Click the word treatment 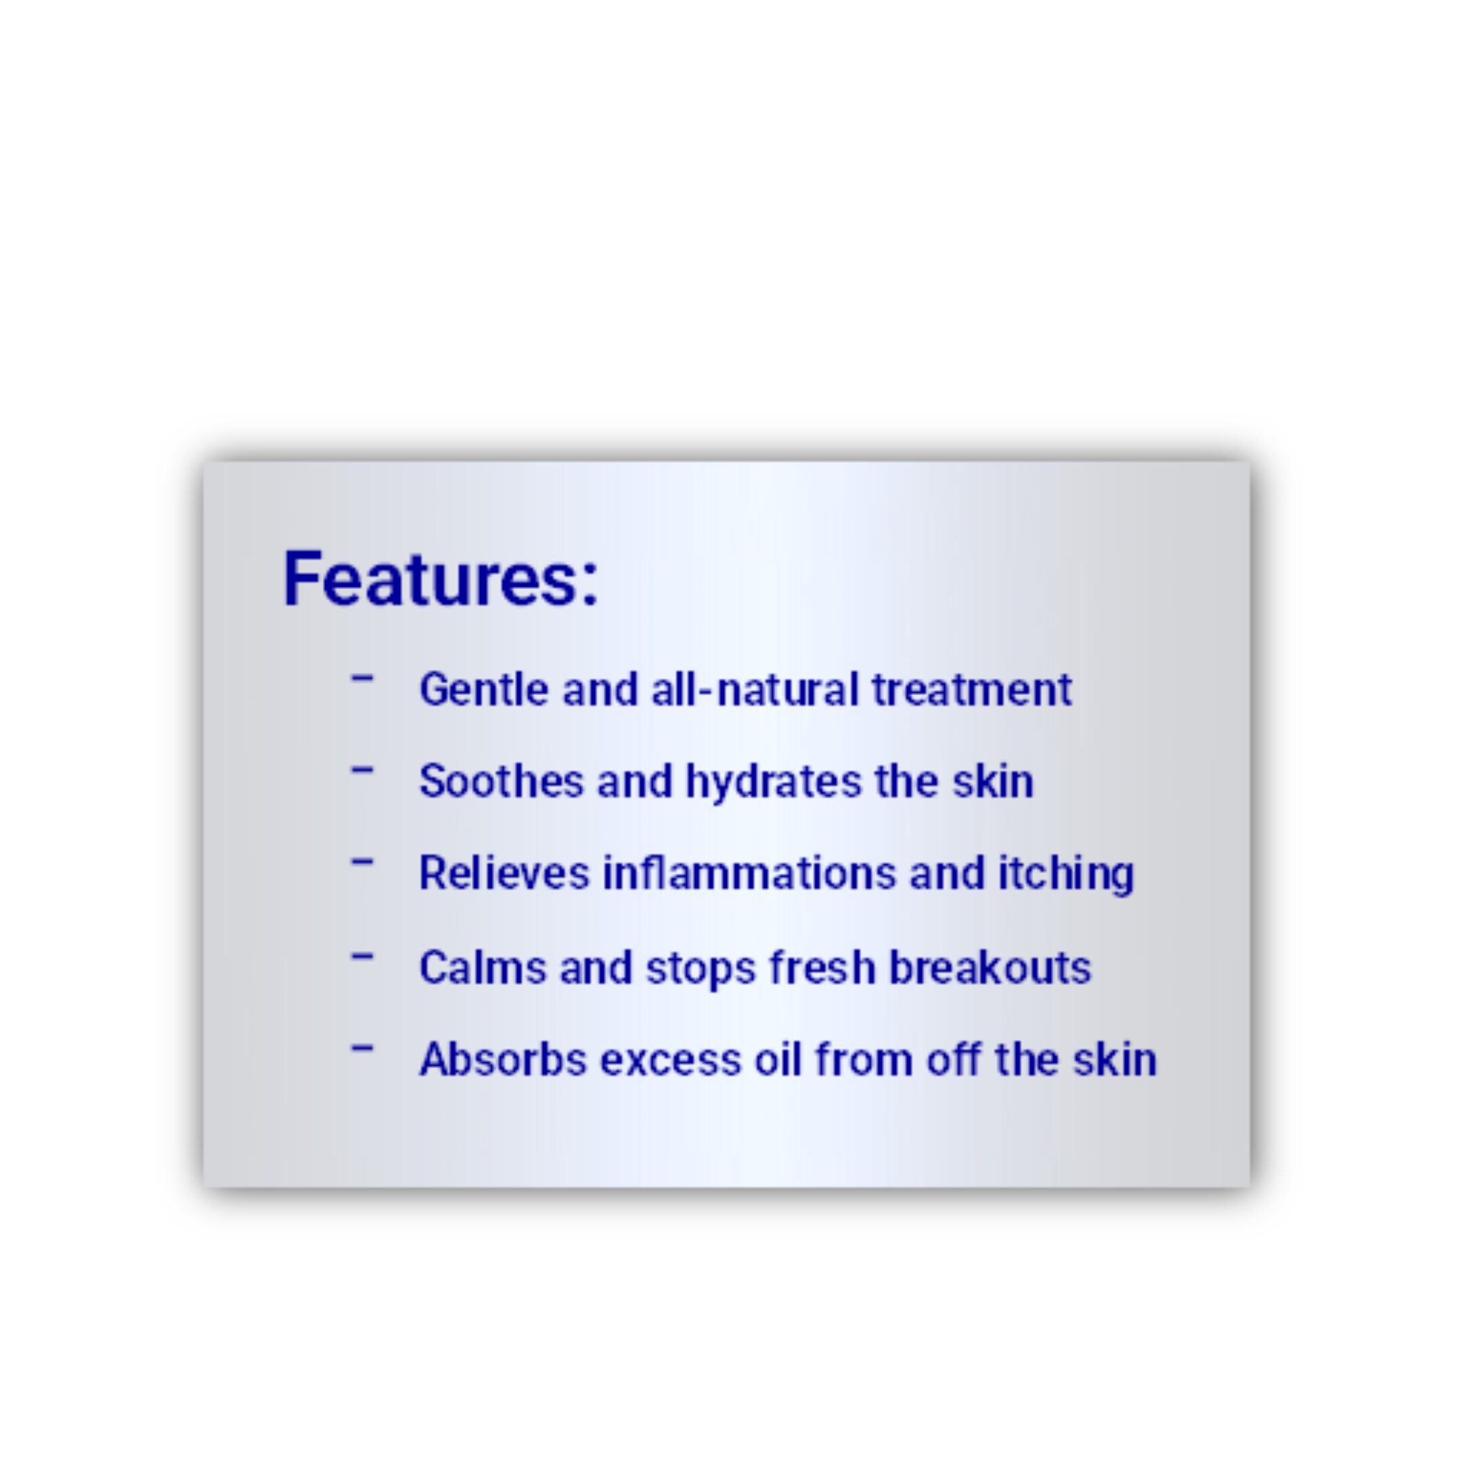pos(973,690)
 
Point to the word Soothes pos(502,781)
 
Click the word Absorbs pos(503,1059)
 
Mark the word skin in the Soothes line pos(993,781)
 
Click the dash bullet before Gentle pos(363,678)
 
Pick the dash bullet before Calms pos(363,956)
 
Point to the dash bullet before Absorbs pos(363,1048)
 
